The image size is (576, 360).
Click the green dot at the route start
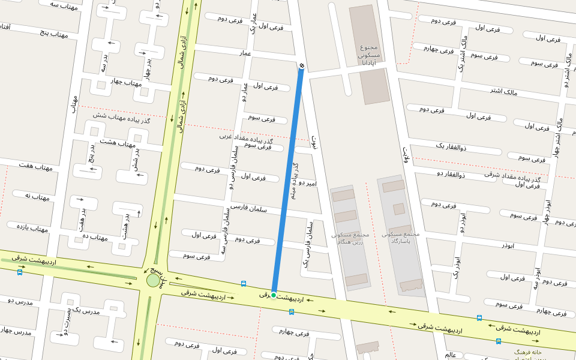click(x=274, y=295)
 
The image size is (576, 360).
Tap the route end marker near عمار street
click(x=301, y=65)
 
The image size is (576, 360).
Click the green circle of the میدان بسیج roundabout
click(x=153, y=280)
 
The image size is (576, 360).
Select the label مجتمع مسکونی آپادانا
click(x=368, y=55)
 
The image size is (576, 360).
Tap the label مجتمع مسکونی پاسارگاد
click(x=401, y=238)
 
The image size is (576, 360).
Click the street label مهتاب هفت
click(x=35, y=166)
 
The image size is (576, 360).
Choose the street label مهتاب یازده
click(x=31, y=228)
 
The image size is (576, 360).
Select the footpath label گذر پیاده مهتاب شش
click(x=122, y=118)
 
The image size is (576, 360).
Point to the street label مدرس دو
click(x=18, y=301)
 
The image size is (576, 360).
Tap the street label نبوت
click(x=314, y=142)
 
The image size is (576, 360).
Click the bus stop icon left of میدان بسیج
click(x=20, y=272)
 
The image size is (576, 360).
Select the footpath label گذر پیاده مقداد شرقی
click(x=512, y=177)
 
